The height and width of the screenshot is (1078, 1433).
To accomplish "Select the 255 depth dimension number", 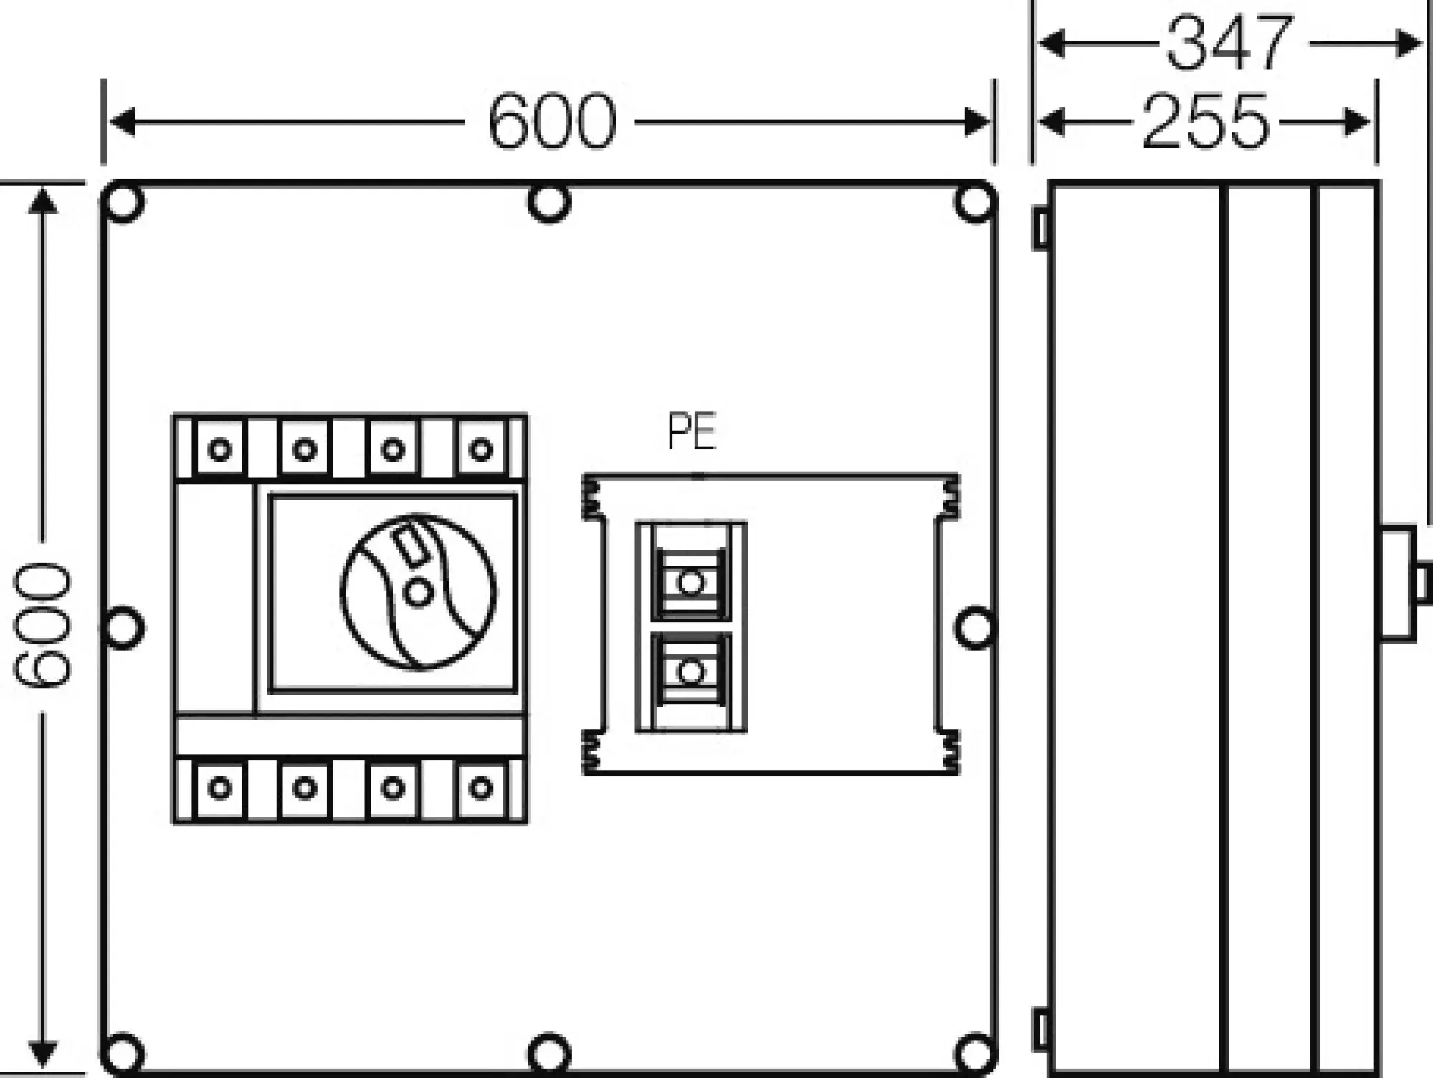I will pyautogui.click(x=1205, y=122).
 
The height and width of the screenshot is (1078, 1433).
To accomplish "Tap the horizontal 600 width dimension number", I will pyautogui.click(x=551, y=122).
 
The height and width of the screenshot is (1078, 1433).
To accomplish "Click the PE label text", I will pyautogui.click(x=691, y=432).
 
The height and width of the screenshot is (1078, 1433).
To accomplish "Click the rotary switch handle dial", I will pyautogui.click(x=418, y=593).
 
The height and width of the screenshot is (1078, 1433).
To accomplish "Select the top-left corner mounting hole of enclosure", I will pyautogui.click(x=123, y=202).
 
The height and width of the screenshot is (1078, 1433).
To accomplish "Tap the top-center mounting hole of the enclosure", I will pyautogui.click(x=549, y=202).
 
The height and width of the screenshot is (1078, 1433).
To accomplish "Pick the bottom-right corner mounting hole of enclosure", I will pyautogui.click(x=975, y=1054).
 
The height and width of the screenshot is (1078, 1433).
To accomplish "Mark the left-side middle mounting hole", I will pyautogui.click(x=123, y=628).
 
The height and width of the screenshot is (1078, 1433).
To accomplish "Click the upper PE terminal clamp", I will pyautogui.click(x=690, y=583).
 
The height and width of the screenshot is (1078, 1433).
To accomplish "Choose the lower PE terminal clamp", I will pyautogui.click(x=690, y=672).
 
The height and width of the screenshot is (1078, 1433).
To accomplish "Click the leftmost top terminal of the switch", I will pyautogui.click(x=219, y=449).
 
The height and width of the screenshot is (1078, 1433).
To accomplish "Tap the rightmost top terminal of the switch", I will pyautogui.click(x=480, y=449).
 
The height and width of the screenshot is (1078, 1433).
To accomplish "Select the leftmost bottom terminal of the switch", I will pyautogui.click(x=219, y=788).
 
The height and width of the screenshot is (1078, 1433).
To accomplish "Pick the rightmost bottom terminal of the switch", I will pyautogui.click(x=480, y=788).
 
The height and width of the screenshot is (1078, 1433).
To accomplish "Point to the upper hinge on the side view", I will pyautogui.click(x=1040, y=229).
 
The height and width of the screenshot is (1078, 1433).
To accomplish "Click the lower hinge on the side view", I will pyautogui.click(x=1040, y=1029).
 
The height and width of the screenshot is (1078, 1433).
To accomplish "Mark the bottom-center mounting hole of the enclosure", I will pyautogui.click(x=549, y=1054).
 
